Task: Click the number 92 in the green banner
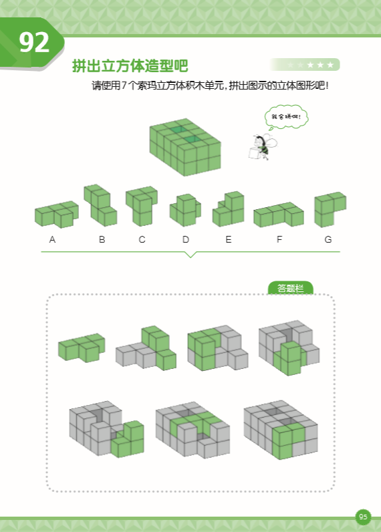click(34, 43)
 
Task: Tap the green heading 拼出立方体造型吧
click(130, 66)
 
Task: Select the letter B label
click(102, 239)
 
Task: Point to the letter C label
click(142, 239)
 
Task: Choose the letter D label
click(186, 239)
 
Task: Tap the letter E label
click(228, 239)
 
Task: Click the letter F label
click(279, 239)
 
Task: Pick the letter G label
click(328, 239)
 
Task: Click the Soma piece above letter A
click(56, 214)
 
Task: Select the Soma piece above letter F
click(279, 215)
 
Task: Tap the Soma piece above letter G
click(329, 209)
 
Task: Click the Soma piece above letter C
click(141, 205)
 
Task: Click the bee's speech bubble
click(286, 118)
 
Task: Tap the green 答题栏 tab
click(290, 288)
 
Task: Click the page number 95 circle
click(363, 517)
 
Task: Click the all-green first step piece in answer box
click(82, 346)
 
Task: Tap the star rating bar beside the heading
click(305, 65)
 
